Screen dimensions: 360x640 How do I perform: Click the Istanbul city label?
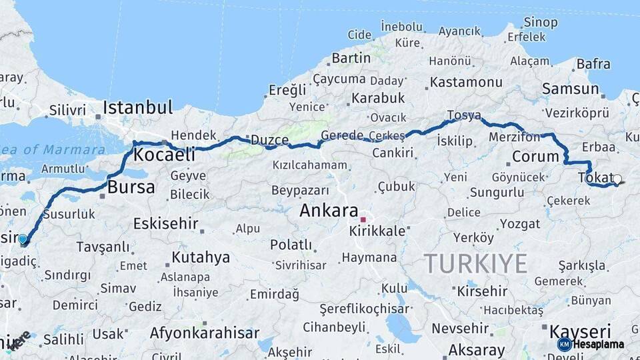pos(137,107)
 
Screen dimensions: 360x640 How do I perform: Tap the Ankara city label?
pos(329,211)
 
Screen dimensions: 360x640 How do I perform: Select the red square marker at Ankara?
pos(363,219)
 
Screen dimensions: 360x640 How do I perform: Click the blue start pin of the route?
pos(23,239)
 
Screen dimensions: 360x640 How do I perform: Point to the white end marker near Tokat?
pos(617,179)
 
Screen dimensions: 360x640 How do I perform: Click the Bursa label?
pos(131,187)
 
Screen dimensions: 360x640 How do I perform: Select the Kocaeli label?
pos(165,155)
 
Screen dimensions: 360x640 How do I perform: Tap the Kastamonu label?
pos(466,83)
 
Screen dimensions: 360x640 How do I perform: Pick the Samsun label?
pos(570,89)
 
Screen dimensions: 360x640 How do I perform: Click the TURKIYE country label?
pos(475,264)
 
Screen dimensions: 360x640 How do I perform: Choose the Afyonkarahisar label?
pos(204,333)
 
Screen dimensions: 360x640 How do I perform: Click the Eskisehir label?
pos(165,223)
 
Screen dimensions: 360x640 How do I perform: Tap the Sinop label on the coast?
pos(540,23)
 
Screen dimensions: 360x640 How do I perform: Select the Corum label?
pos(535,157)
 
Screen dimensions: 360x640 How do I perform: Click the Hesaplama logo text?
pos(598,345)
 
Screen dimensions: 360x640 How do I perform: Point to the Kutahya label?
pos(201,257)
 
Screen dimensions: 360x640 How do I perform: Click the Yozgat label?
pos(519,223)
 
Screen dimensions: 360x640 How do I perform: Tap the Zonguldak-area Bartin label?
pos(351,58)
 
